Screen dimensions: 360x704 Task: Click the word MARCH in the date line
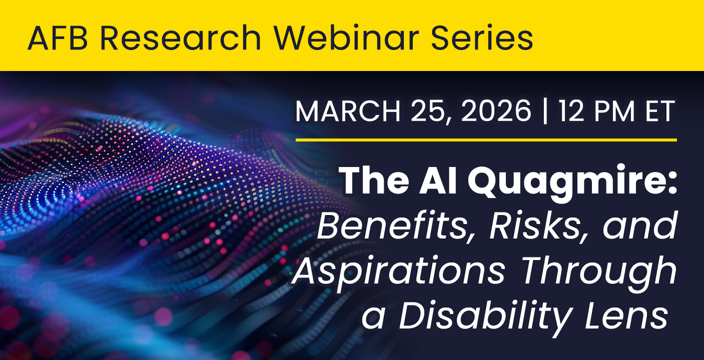(x=348, y=112)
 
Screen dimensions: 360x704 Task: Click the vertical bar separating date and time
(x=545, y=112)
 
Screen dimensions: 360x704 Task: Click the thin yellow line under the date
(x=486, y=140)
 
